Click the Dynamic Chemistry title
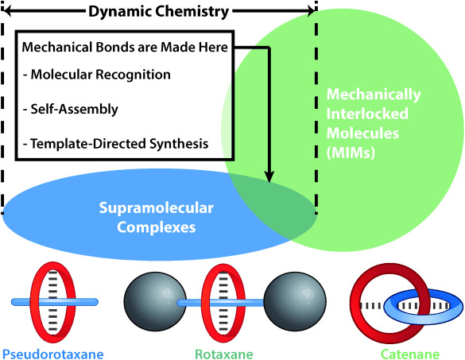(159, 12)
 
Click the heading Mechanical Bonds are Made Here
(125, 47)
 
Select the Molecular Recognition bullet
(97, 75)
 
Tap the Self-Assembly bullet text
(71, 110)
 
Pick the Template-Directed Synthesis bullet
(116, 144)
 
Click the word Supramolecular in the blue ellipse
(157, 208)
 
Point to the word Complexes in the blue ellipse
(157, 227)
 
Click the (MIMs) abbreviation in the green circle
(351, 153)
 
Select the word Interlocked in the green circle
(367, 114)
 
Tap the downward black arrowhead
(269, 176)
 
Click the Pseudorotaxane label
(53, 354)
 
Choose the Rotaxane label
(224, 354)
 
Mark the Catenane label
(410, 354)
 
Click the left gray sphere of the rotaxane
(155, 301)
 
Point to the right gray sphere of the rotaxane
(295, 301)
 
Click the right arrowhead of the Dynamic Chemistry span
(311, 11)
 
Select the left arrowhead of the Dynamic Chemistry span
(6, 11)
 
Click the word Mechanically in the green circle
(374, 95)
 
